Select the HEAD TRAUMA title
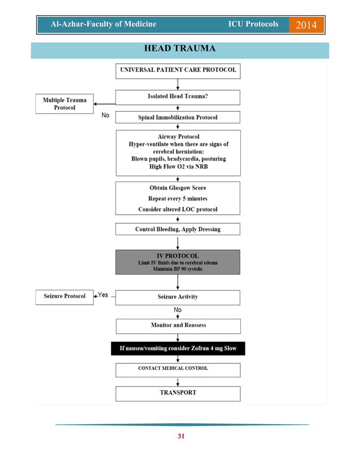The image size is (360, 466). point(179,49)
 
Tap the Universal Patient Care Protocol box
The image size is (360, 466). point(178,71)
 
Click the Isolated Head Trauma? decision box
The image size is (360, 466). point(178,97)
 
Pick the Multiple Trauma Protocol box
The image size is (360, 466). point(64,104)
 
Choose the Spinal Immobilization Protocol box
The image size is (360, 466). point(178,117)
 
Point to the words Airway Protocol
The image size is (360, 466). point(178,137)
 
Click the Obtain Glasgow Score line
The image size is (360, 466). point(178,188)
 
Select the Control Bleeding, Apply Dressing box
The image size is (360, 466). point(178,229)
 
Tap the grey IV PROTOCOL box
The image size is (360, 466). point(178,262)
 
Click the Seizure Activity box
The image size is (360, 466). point(178,297)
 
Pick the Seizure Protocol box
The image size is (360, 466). point(64,296)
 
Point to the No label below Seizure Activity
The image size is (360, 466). point(178,310)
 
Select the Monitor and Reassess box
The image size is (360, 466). point(178,326)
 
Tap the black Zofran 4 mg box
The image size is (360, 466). point(178,349)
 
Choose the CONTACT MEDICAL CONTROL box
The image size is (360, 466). point(178,369)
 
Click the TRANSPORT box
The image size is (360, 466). point(178,393)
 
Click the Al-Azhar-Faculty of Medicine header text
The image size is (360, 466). point(103,25)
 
